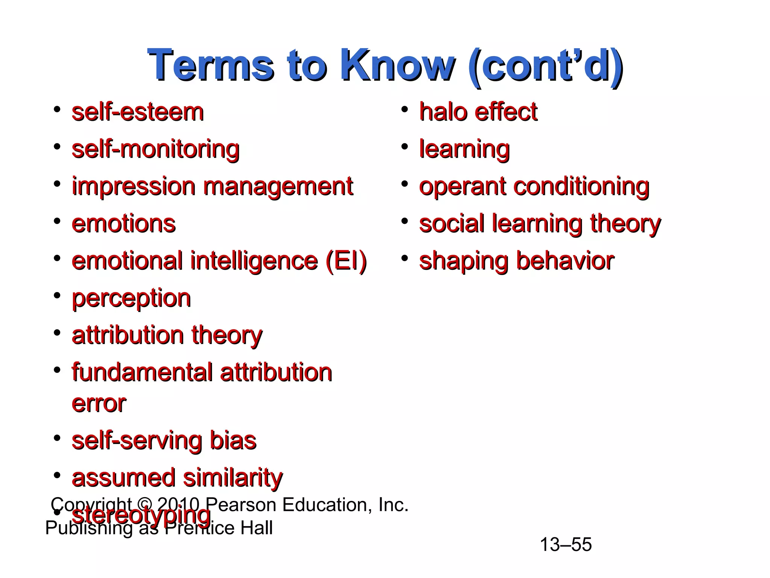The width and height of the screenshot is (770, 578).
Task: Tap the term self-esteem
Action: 138,112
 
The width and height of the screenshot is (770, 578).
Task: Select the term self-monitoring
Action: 155,149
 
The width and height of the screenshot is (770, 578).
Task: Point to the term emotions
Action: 124,224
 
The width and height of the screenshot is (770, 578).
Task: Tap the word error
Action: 99,403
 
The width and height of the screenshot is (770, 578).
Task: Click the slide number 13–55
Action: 565,545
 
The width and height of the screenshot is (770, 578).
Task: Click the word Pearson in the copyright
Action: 241,505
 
